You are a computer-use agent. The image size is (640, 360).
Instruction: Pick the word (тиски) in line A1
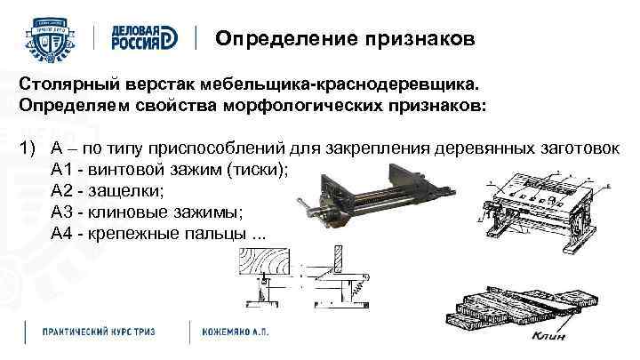(x=258, y=169)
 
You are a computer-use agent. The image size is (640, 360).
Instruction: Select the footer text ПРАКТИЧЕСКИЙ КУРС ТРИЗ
(x=99, y=331)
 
